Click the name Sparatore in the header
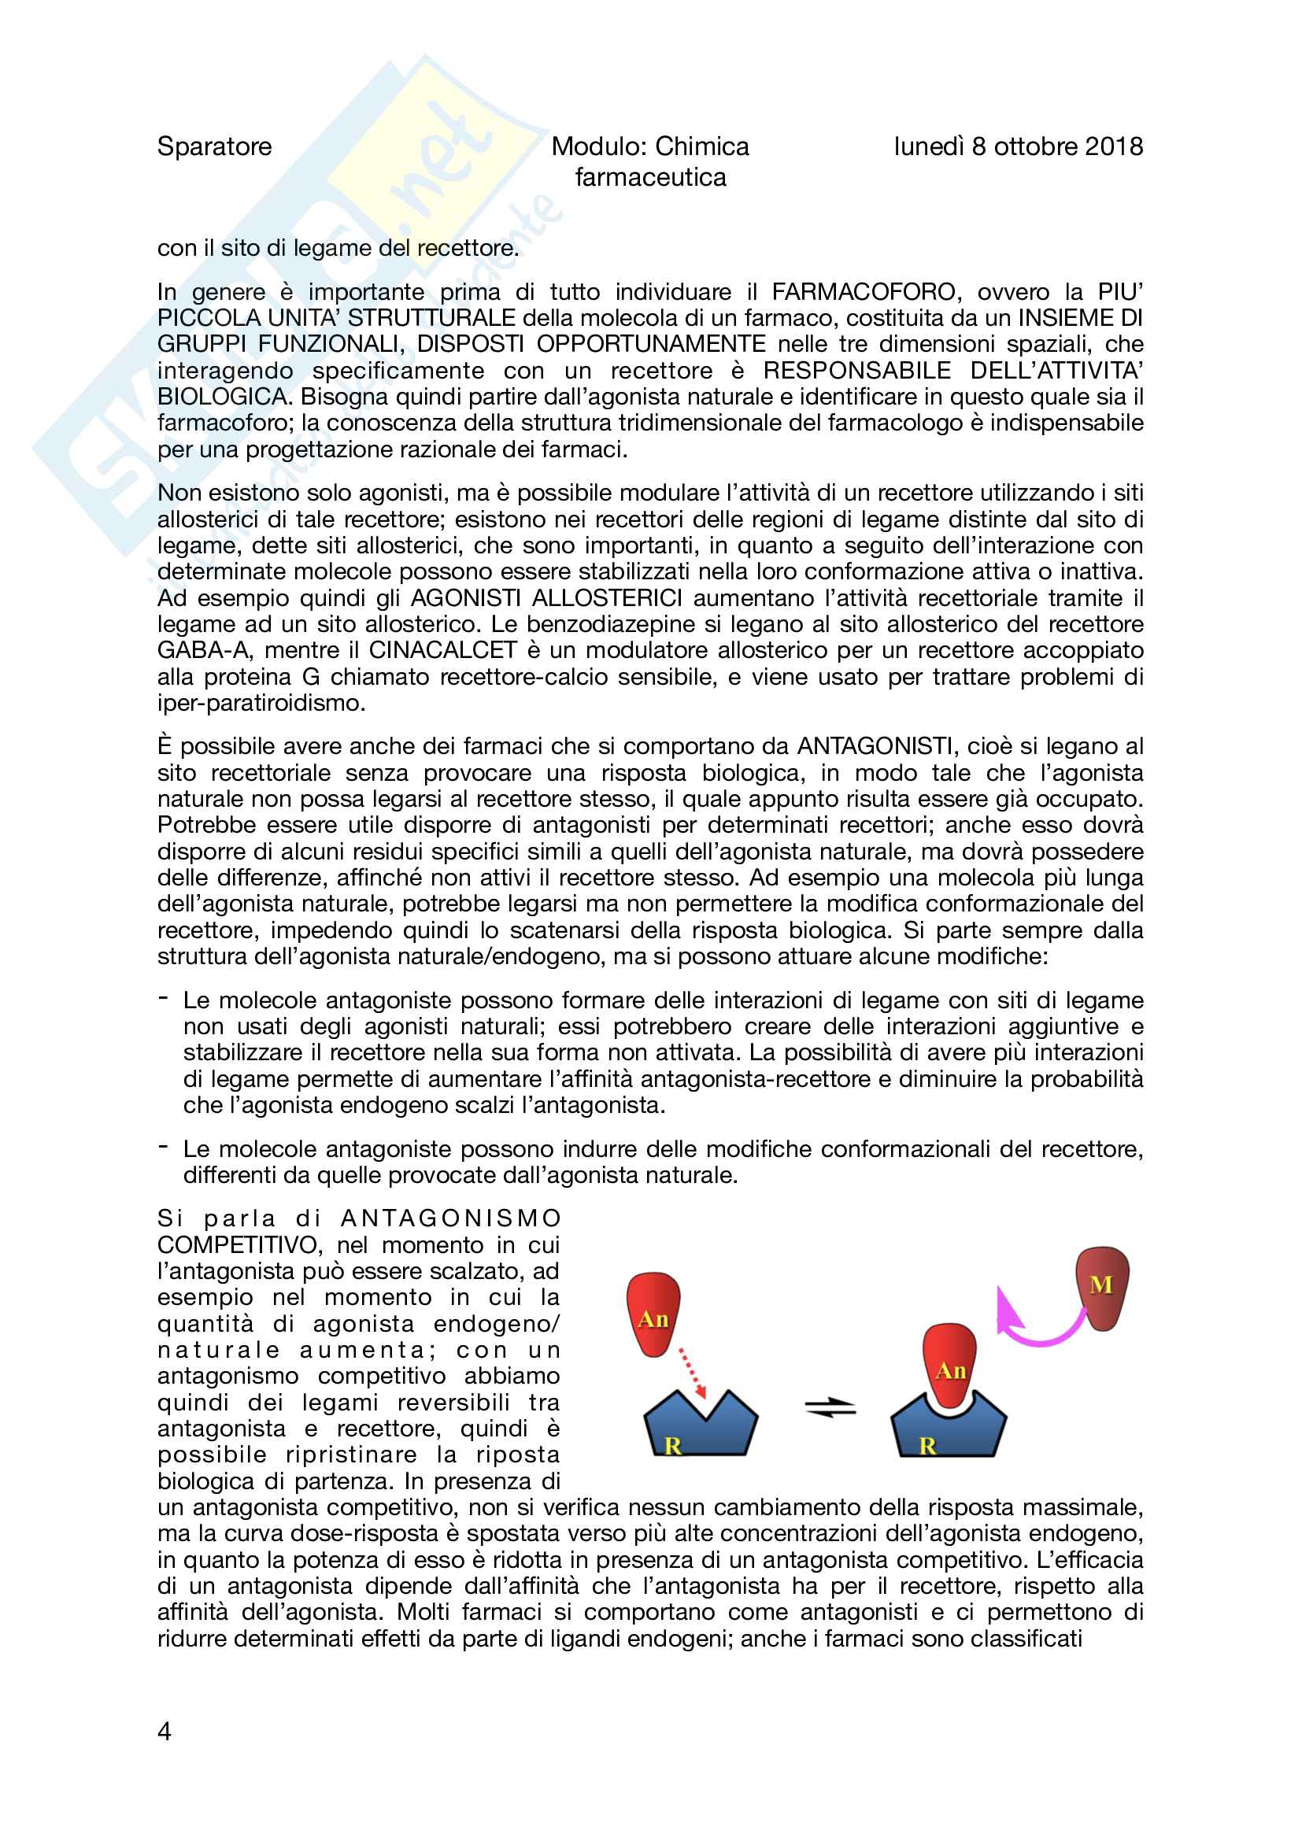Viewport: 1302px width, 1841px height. tap(214, 146)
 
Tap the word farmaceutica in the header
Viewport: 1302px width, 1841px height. tap(650, 177)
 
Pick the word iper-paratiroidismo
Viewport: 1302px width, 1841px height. tap(261, 703)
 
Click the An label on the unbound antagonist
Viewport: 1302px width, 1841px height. tap(653, 1319)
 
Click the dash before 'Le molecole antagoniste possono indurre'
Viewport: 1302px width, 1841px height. tap(164, 1147)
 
